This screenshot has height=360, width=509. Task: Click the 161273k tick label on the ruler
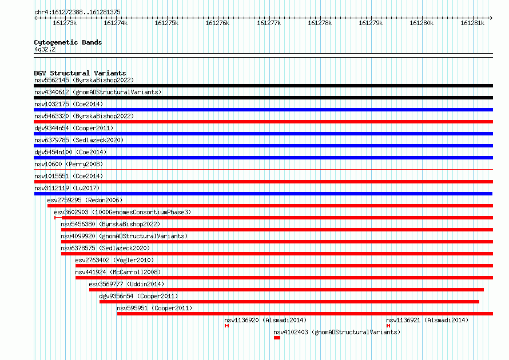[65, 23]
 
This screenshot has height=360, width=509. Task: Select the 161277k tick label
[269, 23]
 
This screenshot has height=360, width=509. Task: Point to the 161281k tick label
[472, 23]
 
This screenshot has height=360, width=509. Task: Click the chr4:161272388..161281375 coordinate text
[78, 12]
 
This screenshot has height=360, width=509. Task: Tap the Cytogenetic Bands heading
[68, 42]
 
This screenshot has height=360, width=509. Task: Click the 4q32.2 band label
[45, 49]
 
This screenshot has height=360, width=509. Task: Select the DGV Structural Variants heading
[80, 73]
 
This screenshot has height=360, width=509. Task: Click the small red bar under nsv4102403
[277, 338]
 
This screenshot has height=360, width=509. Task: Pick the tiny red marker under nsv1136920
[226, 326]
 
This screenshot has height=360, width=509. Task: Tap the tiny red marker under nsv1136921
[388, 326]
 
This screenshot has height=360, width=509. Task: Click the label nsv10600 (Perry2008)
[69, 164]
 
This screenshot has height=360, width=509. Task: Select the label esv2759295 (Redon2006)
[85, 200]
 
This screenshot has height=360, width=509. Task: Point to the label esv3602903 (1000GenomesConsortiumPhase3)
[122, 212]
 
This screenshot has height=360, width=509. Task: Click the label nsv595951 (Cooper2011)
[154, 308]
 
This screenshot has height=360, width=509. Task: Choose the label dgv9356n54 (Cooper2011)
[138, 296]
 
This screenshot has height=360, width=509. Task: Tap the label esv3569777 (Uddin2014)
[126, 284]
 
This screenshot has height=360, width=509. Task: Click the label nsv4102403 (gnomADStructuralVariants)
[337, 332]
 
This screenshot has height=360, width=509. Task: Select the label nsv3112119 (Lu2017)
[67, 188]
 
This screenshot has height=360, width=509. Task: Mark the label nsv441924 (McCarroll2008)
[118, 272]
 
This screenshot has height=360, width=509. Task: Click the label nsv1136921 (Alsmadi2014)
[427, 320]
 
